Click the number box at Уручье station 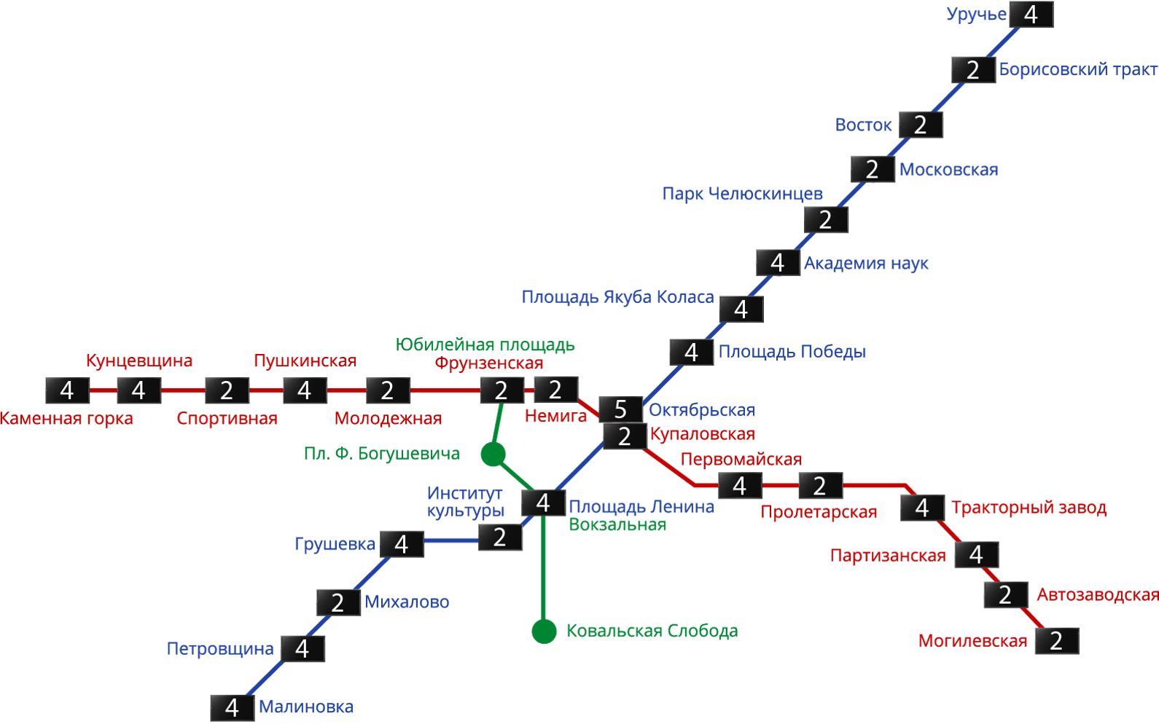[x=1031, y=15]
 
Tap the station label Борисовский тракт [x=1077, y=70]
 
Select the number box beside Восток [x=921, y=125]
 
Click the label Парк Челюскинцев [x=742, y=194]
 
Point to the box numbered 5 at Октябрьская [x=620, y=409]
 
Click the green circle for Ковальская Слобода [x=544, y=631]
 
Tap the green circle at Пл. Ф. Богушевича [x=493, y=455]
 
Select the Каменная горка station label [x=66, y=420]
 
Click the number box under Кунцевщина [x=138, y=391]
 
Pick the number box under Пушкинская [x=305, y=391]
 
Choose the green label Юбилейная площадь [x=485, y=345]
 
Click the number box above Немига [x=555, y=390]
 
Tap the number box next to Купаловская [x=625, y=436]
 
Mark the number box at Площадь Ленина [x=543, y=503]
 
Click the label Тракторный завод [x=1029, y=508]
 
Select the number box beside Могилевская [x=1056, y=641]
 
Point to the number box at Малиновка [x=232, y=708]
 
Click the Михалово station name [x=407, y=602]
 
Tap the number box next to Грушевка [x=401, y=544]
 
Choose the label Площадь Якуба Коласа [x=617, y=297]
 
